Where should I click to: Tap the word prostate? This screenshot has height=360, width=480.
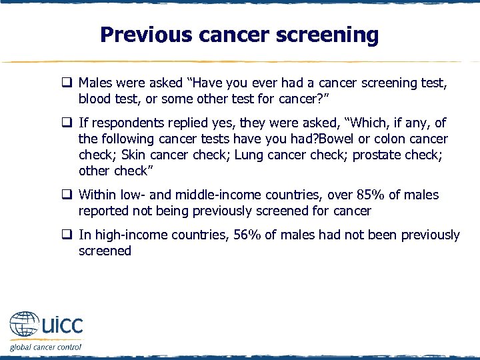tap(377, 155)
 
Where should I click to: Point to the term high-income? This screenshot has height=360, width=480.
tap(124, 235)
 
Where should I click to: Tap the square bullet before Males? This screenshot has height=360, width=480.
tap(67, 84)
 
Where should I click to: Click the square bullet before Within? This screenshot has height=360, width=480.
tap(67, 195)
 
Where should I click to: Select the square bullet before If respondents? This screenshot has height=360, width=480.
tap(67, 123)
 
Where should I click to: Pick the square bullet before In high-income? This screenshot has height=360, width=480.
tap(67, 235)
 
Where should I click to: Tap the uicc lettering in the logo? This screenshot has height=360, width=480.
tap(62, 327)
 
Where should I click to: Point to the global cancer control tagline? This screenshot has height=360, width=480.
tap(45, 347)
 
